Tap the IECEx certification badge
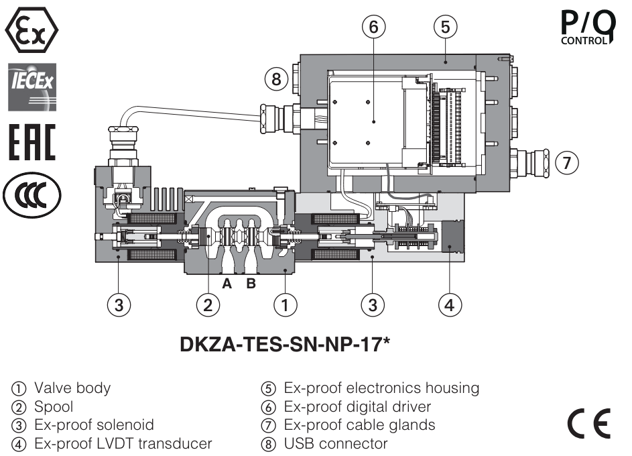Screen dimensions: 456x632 pyautogui.click(x=31, y=87)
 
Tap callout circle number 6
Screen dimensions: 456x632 pyautogui.click(x=375, y=27)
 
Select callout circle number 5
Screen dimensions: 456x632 pyautogui.click(x=445, y=27)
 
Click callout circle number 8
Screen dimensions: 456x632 pyautogui.click(x=275, y=79)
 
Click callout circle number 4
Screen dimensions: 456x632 pyautogui.click(x=450, y=305)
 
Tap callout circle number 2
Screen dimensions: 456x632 pyautogui.click(x=208, y=305)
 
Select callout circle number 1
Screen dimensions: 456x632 pyautogui.click(x=286, y=305)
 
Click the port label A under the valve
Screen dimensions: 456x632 pyautogui.click(x=227, y=284)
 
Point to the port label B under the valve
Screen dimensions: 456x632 pyautogui.click(x=251, y=284)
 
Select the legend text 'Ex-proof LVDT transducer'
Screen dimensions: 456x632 pyautogui.click(x=123, y=443)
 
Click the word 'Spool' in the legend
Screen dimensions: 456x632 pyautogui.click(x=54, y=406)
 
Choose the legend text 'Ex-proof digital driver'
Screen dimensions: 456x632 pyautogui.click(x=358, y=406)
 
